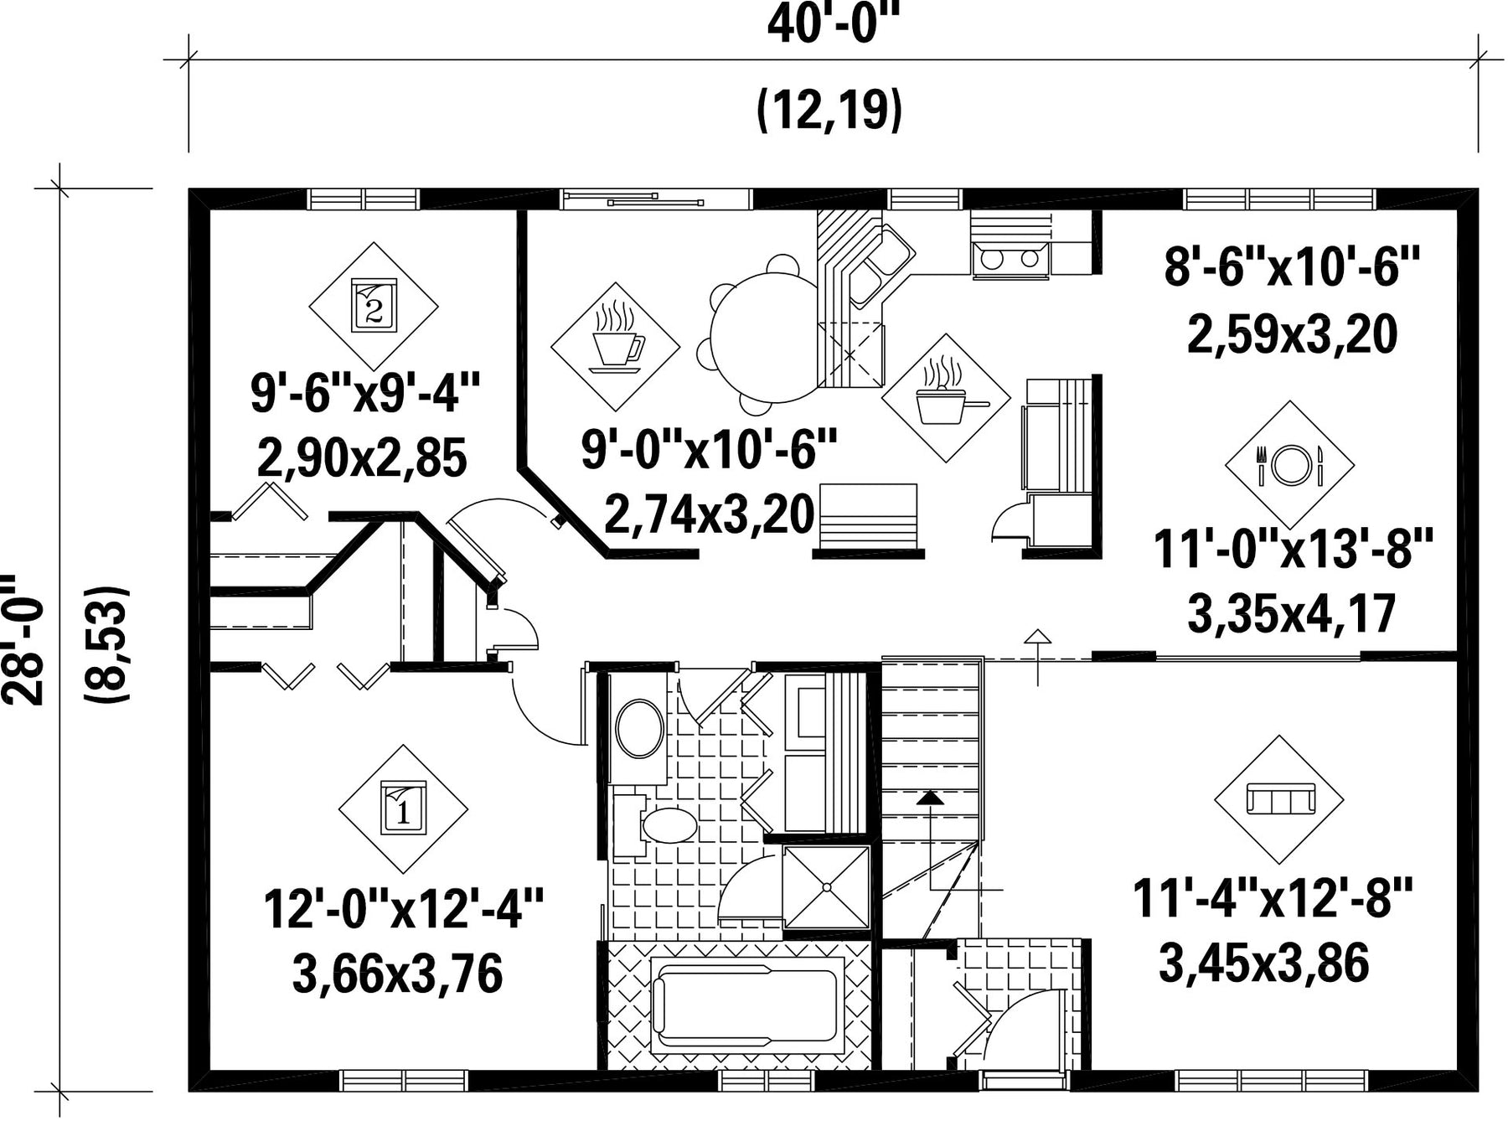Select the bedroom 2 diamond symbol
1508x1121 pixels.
tap(374, 306)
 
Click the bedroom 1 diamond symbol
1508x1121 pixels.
tap(403, 809)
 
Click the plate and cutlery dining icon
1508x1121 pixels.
tap(1290, 465)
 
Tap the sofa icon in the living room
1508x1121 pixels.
tap(1280, 798)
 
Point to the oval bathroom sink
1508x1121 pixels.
tap(641, 730)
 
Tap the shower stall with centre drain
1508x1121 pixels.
tap(826, 886)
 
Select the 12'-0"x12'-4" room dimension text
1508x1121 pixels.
tap(404, 909)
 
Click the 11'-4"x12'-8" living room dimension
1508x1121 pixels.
tap(1273, 898)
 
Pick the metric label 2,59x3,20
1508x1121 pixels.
tap(1293, 334)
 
